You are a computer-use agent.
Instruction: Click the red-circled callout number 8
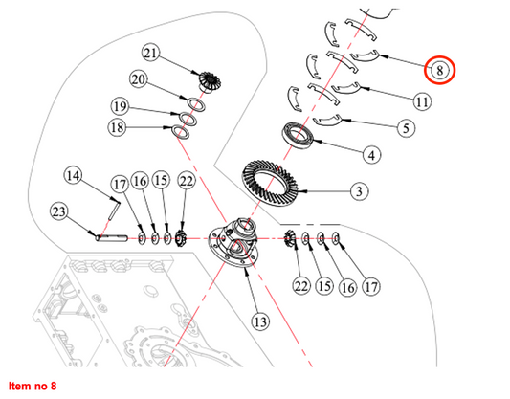point(439,70)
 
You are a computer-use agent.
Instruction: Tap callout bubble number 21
point(150,53)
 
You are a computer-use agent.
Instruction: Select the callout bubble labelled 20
point(139,79)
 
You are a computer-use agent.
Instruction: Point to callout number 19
point(120,106)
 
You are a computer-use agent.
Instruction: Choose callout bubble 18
point(117,127)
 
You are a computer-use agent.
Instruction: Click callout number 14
point(73,176)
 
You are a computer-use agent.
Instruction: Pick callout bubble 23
point(59,212)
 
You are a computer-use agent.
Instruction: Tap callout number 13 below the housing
point(260,321)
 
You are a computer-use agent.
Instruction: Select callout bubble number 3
point(360,191)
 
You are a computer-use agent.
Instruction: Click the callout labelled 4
point(372,155)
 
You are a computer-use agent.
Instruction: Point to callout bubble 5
point(406,128)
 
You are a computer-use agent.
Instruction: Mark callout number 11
point(422,101)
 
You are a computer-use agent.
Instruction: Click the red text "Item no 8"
point(33,386)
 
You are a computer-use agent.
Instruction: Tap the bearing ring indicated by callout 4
point(298,136)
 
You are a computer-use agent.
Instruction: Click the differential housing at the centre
point(233,242)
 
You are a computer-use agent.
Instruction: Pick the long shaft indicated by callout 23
point(111,238)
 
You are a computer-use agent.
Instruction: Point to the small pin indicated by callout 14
point(114,211)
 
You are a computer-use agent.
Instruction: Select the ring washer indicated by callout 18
point(181,132)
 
